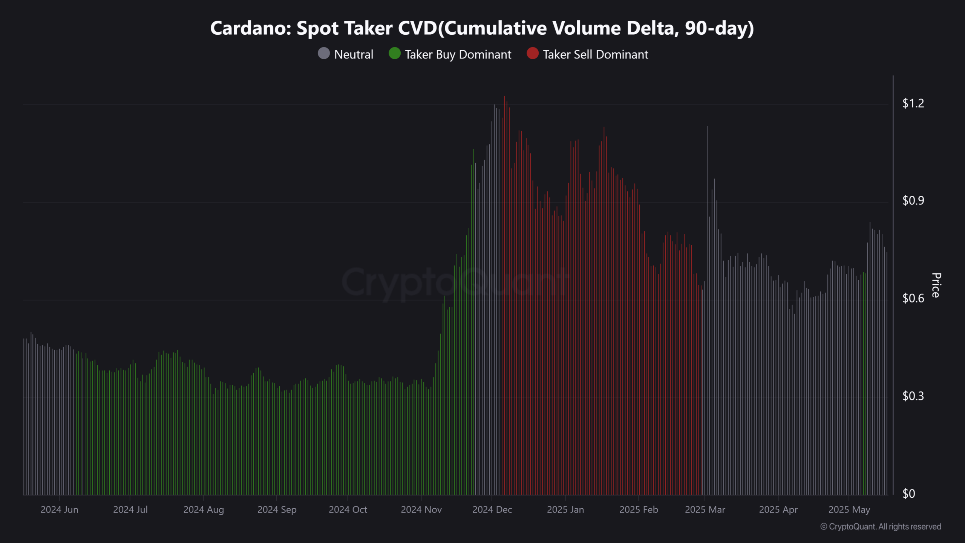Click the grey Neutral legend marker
[324, 54]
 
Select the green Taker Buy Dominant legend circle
[394, 54]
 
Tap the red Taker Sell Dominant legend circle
[532, 54]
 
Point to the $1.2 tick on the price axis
[913, 103]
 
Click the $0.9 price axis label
[913, 201]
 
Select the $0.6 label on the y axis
[913, 299]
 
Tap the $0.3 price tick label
[913, 396]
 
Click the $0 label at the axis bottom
[908, 494]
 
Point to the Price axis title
[936, 285]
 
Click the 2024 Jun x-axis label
[60, 510]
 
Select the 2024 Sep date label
[277, 510]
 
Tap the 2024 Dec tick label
[492, 510]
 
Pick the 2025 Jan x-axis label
[565, 510]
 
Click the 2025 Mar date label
[705, 510]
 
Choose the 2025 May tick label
[849, 510]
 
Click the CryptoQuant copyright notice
[881, 527]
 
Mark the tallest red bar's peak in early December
[504, 97]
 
